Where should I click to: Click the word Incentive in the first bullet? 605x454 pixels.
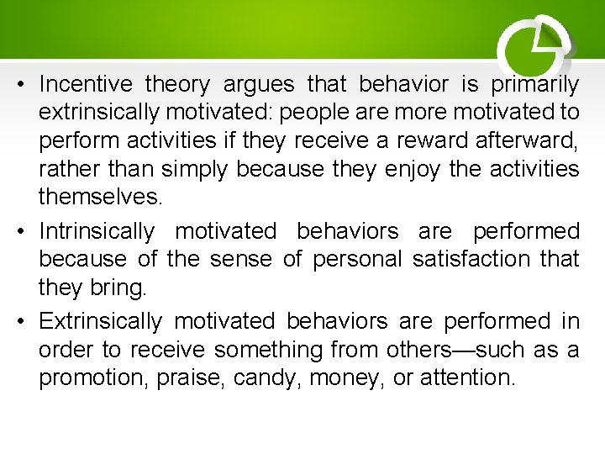pyautogui.click(x=85, y=84)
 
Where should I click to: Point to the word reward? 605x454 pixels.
pyautogui.click(x=453, y=141)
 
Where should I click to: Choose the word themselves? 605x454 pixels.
pyautogui.click(x=98, y=198)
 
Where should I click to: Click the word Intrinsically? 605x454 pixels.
pyautogui.click(x=97, y=231)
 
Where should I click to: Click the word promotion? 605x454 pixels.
pyautogui.click(x=95, y=378)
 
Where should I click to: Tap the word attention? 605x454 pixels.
pyautogui.click(x=466, y=378)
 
